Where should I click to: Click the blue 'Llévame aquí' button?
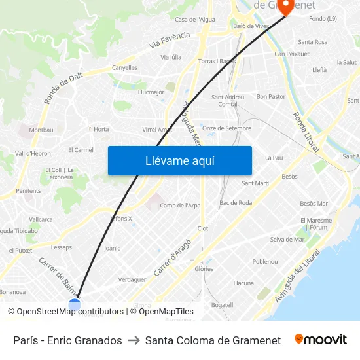179,160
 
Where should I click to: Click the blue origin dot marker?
75,304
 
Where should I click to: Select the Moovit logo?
321,340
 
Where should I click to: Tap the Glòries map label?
204,269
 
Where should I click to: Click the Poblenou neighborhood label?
265,261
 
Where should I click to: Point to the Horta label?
101,129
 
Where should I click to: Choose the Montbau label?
41,130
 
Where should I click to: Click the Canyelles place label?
124,67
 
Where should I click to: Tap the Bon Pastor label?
271,96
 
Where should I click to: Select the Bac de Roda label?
236,203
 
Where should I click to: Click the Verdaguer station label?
132,279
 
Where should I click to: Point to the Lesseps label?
62,247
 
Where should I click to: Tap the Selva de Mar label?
287,240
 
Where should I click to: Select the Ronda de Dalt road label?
63,88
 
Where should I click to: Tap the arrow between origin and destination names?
134,340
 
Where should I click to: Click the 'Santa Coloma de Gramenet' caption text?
213,340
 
